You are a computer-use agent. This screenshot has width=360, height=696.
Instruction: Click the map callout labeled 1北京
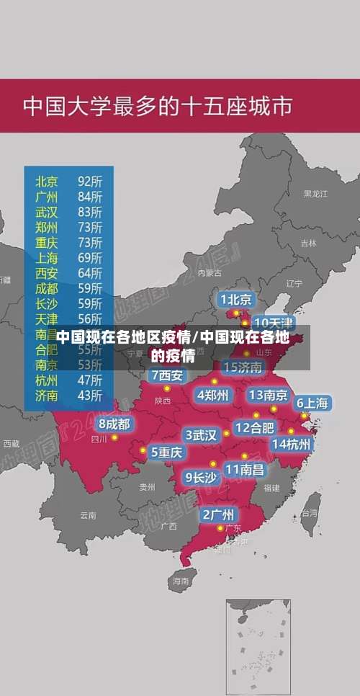click(x=236, y=299)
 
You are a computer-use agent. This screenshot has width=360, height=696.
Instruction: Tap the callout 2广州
click(x=217, y=514)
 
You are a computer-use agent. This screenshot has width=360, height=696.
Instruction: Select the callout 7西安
click(x=167, y=375)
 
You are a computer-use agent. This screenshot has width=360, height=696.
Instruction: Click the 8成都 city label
click(x=114, y=424)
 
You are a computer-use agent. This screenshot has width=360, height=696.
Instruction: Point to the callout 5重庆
click(x=166, y=452)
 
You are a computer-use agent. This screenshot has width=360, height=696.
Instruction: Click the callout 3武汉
click(x=201, y=434)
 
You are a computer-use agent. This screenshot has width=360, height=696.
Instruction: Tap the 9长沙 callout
click(x=201, y=476)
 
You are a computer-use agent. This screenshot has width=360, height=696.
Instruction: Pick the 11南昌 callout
click(x=244, y=469)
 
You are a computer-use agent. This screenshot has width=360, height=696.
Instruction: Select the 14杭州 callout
click(x=292, y=444)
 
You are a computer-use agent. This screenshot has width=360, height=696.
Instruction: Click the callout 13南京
click(x=269, y=395)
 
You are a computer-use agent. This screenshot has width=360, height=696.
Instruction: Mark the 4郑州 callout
click(x=212, y=395)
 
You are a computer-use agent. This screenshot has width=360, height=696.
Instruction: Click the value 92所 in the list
click(x=90, y=180)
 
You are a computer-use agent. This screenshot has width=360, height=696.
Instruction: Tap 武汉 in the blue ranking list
click(x=48, y=211)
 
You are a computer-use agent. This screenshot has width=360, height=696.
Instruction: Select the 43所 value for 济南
click(x=90, y=395)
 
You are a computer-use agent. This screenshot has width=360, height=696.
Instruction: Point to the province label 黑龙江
click(x=315, y=194)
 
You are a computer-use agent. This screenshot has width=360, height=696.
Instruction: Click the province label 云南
click(x=88, y=514)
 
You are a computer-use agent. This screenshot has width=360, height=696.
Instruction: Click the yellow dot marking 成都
click(x=114, y=437)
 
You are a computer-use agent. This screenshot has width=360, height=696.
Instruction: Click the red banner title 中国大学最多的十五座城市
click(x=158, y=106)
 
